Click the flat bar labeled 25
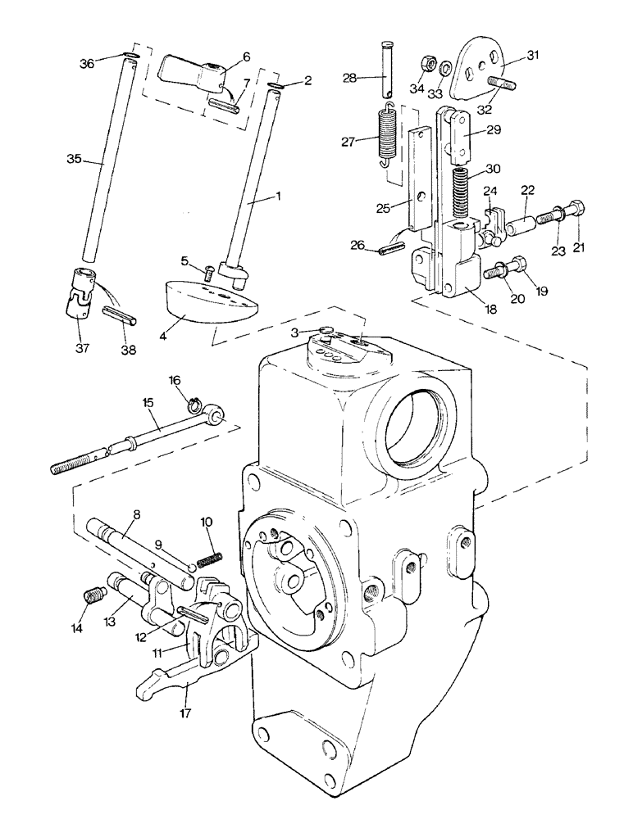(419, 177)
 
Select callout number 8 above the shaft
(135, 515)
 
